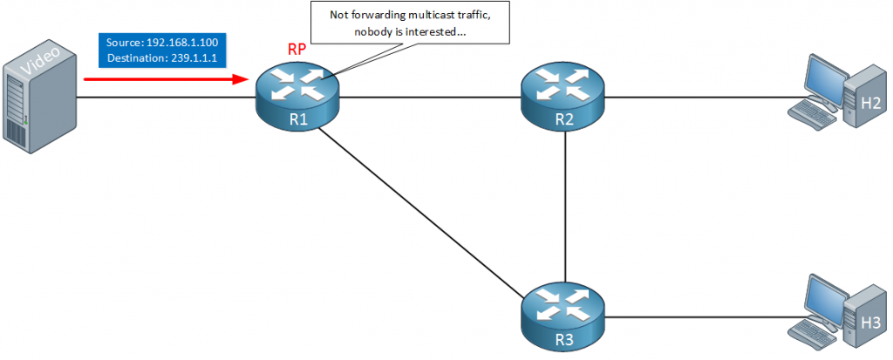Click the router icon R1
297,98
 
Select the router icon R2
563,98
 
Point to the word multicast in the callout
428,16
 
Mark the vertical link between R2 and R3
567,205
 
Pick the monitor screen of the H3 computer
821,295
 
